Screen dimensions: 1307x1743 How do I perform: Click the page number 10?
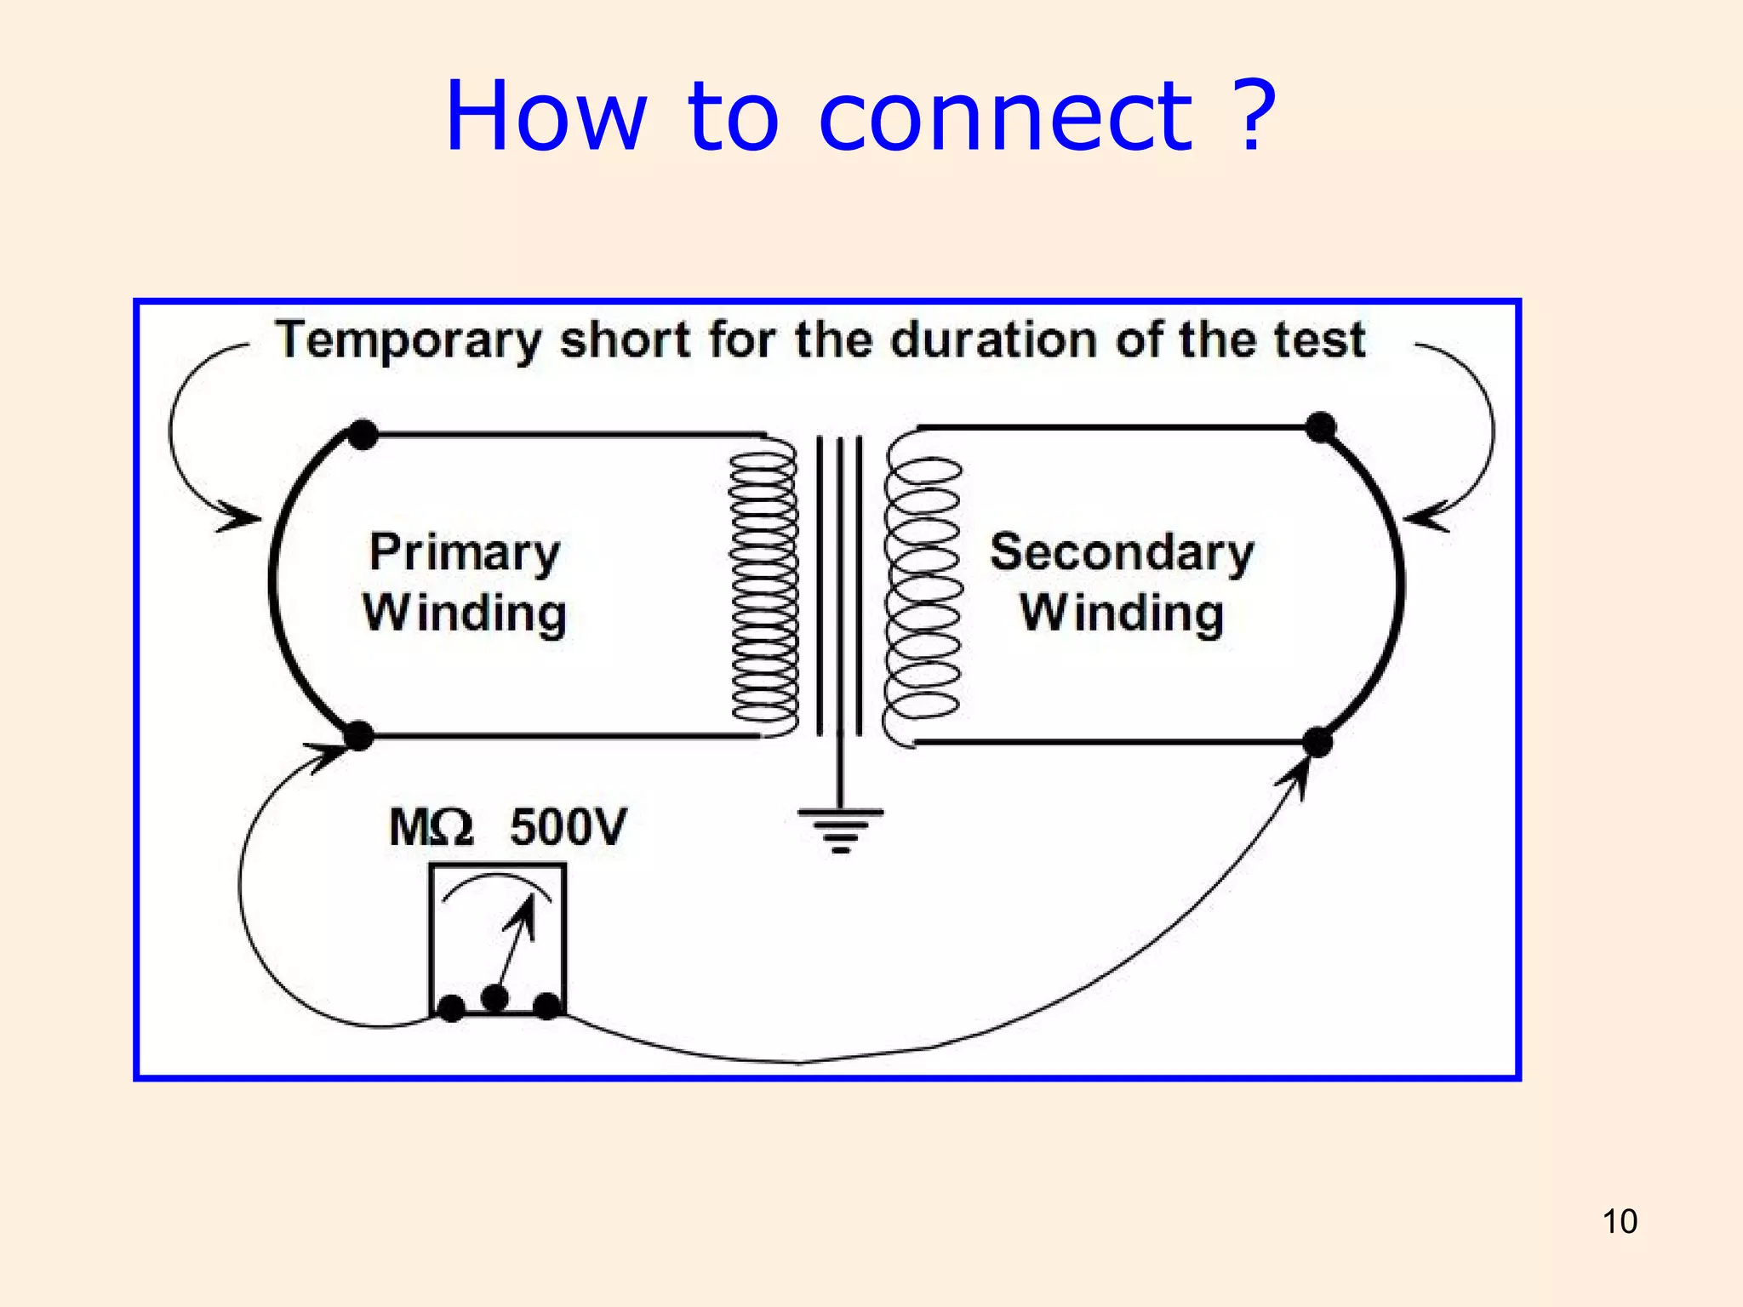click(1619, 1221)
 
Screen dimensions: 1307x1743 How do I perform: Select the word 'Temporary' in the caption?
click(408, 341)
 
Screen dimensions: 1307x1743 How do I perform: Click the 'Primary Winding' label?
click(465, 583)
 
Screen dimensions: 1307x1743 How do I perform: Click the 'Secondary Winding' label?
click(1122, 583)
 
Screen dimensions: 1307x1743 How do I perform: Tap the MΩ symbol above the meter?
click(430, 827)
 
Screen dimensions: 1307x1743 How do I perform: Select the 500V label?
click(568, 827)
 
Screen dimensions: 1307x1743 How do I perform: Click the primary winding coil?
click(763, 587)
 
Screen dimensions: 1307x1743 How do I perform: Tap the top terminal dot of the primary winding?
click(363, 434)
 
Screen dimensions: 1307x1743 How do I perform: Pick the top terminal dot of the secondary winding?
click(1321, 426)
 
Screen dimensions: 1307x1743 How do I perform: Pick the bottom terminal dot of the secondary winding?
click(1317, 742)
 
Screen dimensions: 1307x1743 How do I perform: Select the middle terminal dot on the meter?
click(494, 996)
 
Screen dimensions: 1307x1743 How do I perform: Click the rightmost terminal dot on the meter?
click(547, 1006)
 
